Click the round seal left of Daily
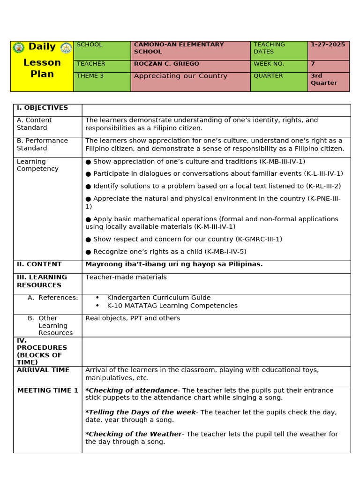[19, 47]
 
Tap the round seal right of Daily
[67, 47]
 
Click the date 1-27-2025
[328, 45]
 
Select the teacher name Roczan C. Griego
[166, 64]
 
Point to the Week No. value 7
[313, 64]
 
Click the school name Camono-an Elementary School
[179, 48]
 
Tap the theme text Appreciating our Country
[180, 76]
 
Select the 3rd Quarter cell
[324, 79]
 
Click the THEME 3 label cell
[90, 76]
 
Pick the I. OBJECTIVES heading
[42, 108]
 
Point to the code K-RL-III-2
[323, 186]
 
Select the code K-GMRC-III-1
[259, 239]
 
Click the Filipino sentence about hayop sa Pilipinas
[174, 264]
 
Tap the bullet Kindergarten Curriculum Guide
[158, 298]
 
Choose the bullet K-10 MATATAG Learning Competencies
[172, 306]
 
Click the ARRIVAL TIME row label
[43, 370]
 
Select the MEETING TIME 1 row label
[47, 390]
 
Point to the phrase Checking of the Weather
[134, 434]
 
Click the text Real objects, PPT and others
[133, 318]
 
